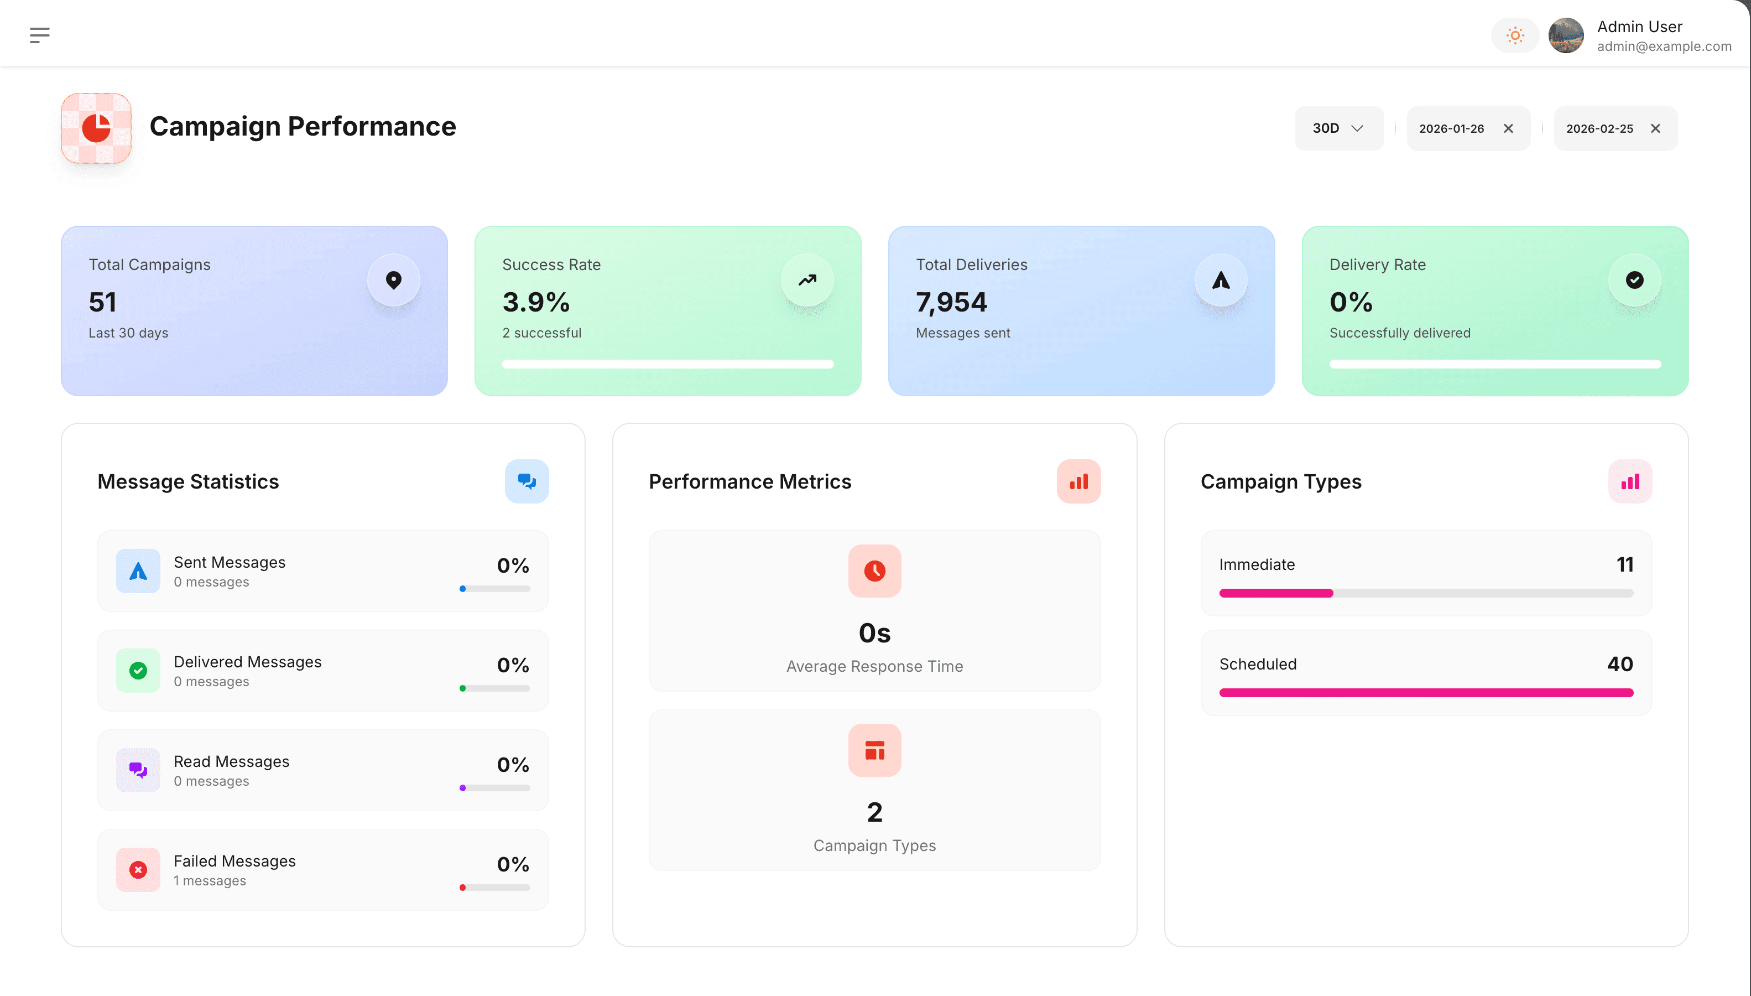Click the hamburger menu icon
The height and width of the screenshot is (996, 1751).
[40, 35]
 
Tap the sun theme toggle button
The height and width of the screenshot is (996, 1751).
[1514, 35]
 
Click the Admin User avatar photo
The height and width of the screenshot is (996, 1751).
[1566, 35]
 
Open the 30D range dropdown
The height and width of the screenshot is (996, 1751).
[1338, 128]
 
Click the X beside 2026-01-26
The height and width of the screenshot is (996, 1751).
[1508, 128]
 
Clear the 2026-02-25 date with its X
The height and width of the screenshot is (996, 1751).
[1655, 128]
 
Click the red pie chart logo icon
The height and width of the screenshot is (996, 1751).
[96, 128]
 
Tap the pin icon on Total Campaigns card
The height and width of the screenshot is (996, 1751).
[394, 280]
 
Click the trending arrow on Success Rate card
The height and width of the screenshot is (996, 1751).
[807, 280]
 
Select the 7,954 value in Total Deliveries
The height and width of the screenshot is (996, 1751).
[951, 302]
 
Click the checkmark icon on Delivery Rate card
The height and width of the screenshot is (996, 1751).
[1634, 280]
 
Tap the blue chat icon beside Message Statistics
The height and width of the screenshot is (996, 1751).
[527, 481]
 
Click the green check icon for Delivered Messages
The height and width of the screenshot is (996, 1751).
[138, 671]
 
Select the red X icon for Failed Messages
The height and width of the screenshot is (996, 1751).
[138, 869]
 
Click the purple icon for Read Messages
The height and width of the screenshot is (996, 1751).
[138, 770]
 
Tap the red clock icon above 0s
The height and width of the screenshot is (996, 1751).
[874, 570]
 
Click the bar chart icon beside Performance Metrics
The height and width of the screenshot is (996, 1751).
[1078, 481]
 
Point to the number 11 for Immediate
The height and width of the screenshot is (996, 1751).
[1624, 564]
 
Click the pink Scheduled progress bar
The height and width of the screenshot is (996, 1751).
[1426, 693]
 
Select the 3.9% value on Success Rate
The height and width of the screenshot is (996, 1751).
[535, 302]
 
